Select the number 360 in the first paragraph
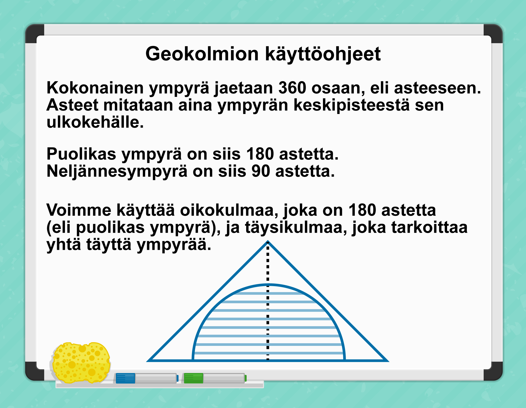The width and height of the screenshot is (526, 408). click(x=292, y=88)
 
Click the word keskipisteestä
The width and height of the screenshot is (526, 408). click(x=351, y=106)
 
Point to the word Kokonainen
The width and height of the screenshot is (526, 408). click(x=95, y=88)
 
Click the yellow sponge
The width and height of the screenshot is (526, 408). click(x=81, y=363)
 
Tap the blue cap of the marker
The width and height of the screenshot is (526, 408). click(x=125, y=378)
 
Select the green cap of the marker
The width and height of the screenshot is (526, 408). click(x=193, y=378)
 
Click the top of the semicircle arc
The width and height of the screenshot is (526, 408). click(x=268, y=285)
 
